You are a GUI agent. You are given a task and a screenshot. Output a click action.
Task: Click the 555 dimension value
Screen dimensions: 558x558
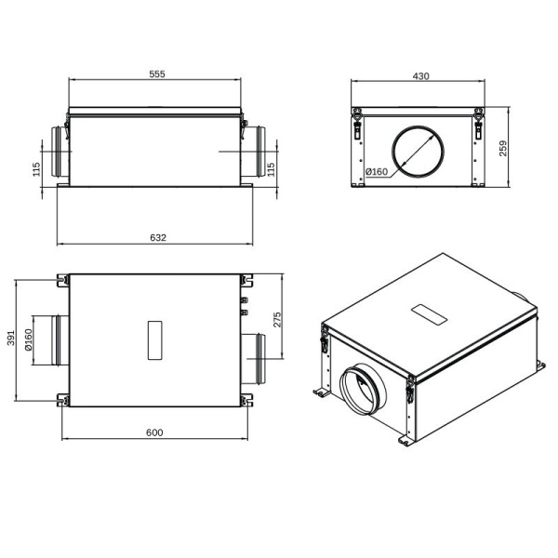[x=155, y=75]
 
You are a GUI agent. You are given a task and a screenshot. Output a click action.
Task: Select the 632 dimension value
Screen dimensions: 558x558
[x=157, y=238]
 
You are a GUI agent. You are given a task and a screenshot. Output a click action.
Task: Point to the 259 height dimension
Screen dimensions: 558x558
[x=503, y=149]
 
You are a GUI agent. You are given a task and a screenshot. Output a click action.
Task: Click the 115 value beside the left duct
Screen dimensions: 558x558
[x=36, y=168]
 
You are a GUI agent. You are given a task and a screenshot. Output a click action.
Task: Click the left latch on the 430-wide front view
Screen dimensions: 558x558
[x=357, y=126]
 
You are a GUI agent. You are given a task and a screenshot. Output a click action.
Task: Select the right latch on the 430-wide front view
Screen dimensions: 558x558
[x=478, y=126]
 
